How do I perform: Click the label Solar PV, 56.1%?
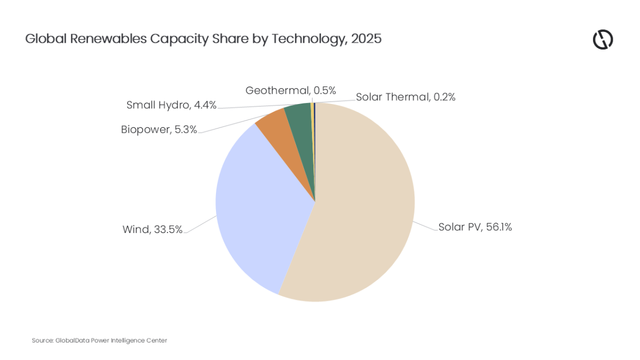(475, 227)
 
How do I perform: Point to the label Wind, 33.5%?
(153, 230)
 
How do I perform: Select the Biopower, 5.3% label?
(159, 129)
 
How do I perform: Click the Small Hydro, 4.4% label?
(171, 105)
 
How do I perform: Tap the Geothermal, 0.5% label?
(291, 91)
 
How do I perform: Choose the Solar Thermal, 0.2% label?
(405, 97)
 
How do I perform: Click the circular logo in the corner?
(603, 40)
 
